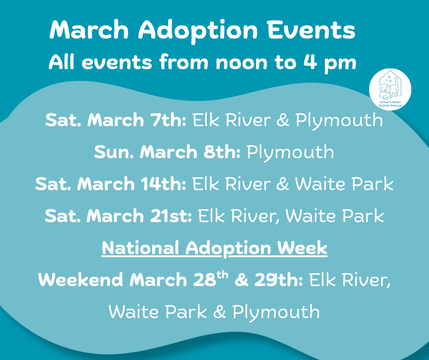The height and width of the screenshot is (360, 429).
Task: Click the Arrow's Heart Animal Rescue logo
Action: tap(390, 90)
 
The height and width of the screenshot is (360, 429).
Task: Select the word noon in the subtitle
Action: tap(241, 63)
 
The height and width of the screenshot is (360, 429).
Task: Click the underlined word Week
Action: tap(302, 248)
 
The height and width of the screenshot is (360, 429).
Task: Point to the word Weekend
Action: tap(81, 280)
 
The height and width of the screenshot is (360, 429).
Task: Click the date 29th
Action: tap(279, 280)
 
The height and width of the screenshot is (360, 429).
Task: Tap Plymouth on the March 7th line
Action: tap(339, 121)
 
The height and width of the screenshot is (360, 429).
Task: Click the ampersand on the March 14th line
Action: tap(283, 184)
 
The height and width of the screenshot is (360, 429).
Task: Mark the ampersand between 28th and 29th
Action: tap(241, 280)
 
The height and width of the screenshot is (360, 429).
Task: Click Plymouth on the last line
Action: tap(276, 313)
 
